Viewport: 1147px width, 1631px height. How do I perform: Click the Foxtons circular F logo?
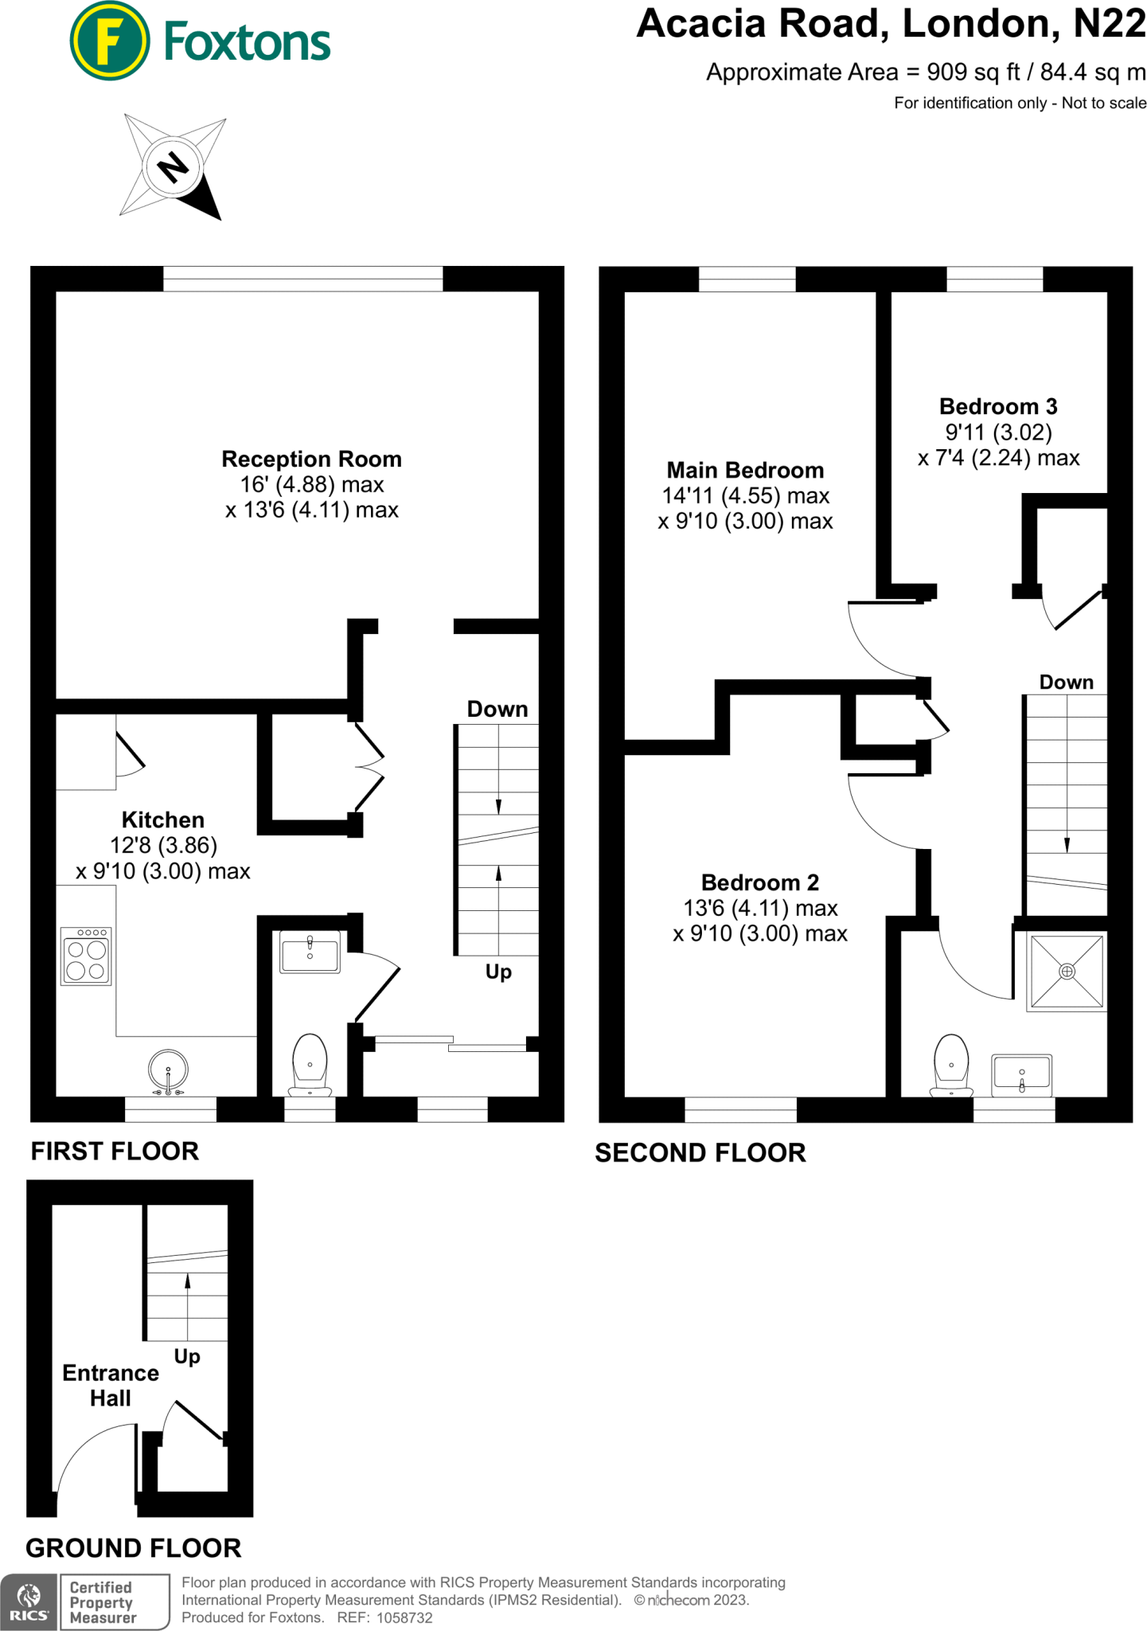[x=109, y=41]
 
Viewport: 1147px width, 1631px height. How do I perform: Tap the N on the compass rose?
[x=173, y=167]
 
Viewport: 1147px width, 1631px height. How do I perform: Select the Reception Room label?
[x=311, y=460]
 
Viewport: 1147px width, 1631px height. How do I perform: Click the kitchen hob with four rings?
[x=87, y=956]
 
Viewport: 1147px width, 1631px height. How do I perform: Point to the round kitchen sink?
[x=168, y=1070]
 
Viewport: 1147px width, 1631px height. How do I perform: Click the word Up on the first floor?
[x=498, y=972]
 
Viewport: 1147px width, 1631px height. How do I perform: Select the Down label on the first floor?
[x=497, y=709]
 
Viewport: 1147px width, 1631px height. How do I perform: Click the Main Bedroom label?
[x=745, y=470]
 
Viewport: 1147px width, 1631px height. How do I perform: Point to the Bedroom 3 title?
[x=998, y=407]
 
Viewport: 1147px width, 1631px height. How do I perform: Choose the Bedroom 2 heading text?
[x=759, y=882]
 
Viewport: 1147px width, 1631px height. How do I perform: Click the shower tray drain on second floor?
[x=1067, y=971]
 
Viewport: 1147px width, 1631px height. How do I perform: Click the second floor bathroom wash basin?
[x=1021, y=1075]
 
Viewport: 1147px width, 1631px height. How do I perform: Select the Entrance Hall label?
[x=111, y=1385]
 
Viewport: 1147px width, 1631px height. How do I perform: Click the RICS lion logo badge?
[x=29, y=1602]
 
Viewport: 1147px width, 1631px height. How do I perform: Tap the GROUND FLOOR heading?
[x=134, y=1547]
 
